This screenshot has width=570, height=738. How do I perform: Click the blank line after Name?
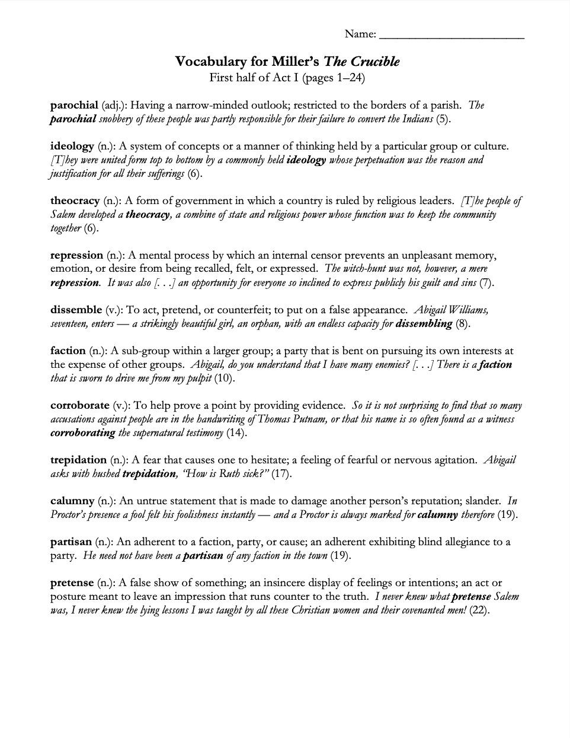pos(451,35)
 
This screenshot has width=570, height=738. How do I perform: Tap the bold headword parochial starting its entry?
pos(74,106)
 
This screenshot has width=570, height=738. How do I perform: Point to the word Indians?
pos(415,119)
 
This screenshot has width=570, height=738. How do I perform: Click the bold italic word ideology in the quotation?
pos(306,160)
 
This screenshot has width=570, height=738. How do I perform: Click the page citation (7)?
pos(486,283)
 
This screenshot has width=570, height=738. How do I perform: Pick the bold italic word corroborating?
pos(83,433)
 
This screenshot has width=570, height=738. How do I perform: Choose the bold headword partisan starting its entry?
pos(71,542)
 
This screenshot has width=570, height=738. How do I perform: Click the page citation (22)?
pos(479,610)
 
